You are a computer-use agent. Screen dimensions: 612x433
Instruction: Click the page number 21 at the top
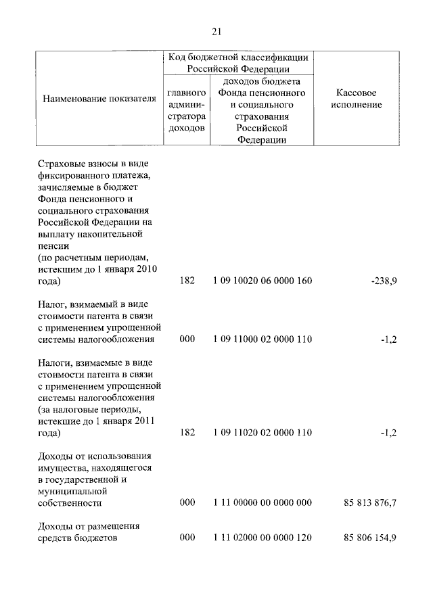pyautogui.click(x=216, y=31)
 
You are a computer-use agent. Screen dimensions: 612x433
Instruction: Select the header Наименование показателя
pyautogui.click(x=95, y=99)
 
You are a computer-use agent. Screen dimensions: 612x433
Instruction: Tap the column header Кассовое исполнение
pyautogui.click(x=357, y=99)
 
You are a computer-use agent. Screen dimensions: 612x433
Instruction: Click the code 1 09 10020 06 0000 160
pyautogui.click(x=262, y=281)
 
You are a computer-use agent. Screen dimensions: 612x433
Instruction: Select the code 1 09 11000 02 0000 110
pyautogui.click(x=262, y=339)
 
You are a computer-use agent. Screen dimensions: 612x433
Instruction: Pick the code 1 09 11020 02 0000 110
pyautogui.click(x=262, y=433)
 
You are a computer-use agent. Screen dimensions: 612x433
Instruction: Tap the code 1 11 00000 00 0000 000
pyautogui.click(x=262, y=502)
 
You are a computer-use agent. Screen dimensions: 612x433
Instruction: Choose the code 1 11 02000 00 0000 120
pyautogui.click(x=262, y=538)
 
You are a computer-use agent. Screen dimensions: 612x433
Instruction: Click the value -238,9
pyautogui.click(x=384, y=281)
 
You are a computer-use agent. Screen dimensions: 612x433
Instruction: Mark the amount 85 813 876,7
pyautogui.click(x=370, y=502)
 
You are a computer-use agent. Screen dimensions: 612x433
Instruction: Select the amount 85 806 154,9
pyautogui.click(x=370, y=538)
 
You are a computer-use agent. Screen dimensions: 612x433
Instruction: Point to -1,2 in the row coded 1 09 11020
pyautogui.click(x=388, y=433)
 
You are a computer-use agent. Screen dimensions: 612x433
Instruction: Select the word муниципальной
pyautogui.click(x=74, y=491)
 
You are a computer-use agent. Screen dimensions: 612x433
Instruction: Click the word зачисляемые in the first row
pyautogui.click(x=67, y=187)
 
